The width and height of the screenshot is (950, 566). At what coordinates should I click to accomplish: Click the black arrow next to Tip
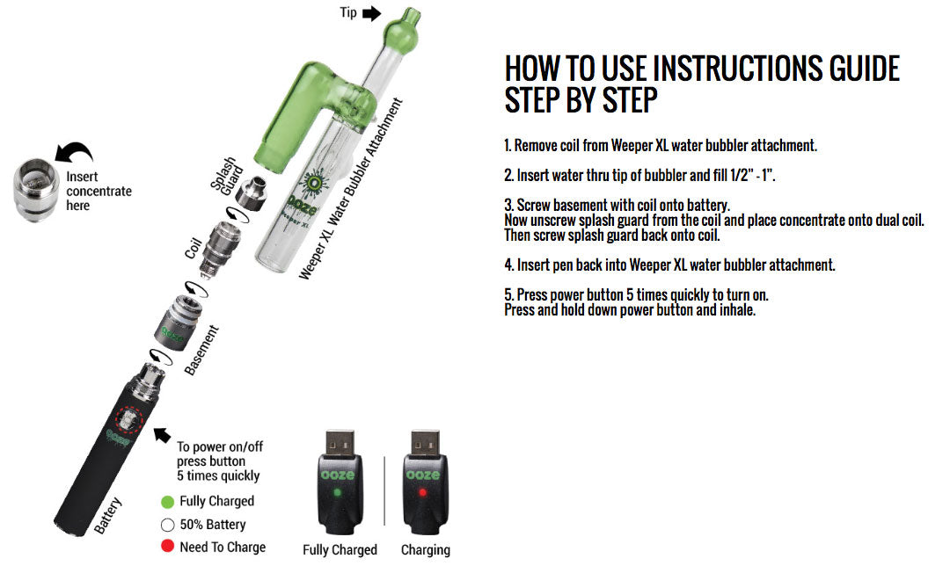coord(371,12)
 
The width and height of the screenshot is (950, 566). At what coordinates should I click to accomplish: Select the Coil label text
coord(194,248)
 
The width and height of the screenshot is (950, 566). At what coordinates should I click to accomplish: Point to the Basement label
coord(202,350)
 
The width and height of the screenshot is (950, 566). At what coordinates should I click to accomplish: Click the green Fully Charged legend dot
coord(167,502)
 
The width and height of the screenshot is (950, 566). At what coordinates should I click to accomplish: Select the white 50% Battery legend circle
coord(167,525)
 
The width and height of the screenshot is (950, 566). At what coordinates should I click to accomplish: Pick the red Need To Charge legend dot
coord(167,547)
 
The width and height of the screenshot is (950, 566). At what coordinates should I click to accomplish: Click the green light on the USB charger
coord(339,493)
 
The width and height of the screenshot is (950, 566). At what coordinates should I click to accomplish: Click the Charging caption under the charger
coord(425,550)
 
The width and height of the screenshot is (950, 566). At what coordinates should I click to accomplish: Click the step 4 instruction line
coord(669,265)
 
